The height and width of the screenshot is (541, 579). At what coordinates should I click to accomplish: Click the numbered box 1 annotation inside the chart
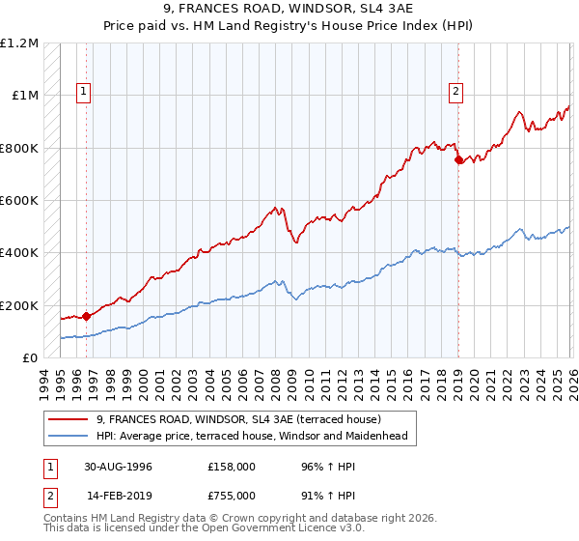coord(85,93)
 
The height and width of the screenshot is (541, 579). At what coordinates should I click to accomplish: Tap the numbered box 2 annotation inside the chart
coord(455,93)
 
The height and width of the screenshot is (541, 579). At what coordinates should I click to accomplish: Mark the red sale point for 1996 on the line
coord(87,315)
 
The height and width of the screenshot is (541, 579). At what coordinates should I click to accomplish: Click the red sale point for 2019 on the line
coord(458,160)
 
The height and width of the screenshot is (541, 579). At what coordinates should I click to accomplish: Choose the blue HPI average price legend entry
coord(252,437)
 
